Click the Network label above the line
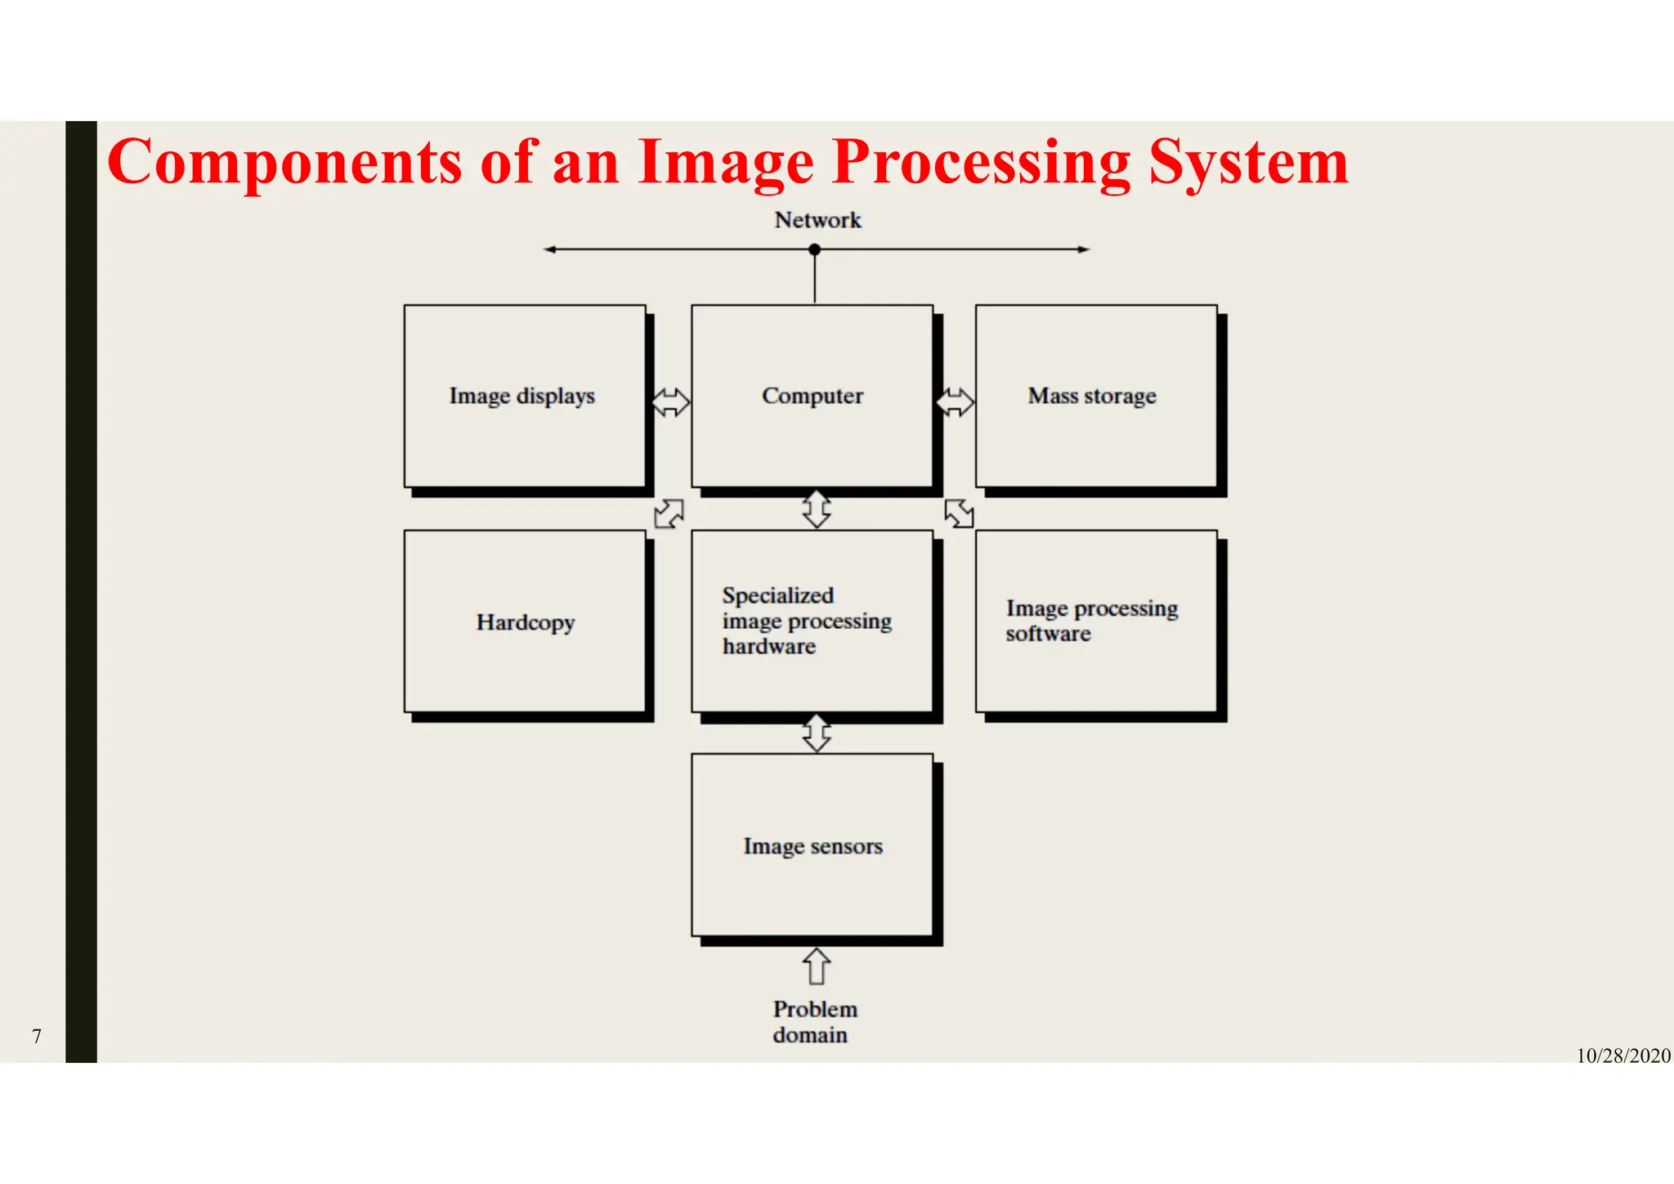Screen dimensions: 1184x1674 pos(817,220)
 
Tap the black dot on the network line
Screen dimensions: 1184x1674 pos(814,249)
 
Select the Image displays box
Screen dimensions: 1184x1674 pos(525,397)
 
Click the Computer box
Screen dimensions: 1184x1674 pos(812,397)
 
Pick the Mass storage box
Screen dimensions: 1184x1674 pos(1095,397)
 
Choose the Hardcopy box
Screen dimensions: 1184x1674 pos(525,621)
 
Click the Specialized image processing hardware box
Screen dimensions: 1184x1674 pos(812,621)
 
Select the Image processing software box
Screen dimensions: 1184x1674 pos(1095,621)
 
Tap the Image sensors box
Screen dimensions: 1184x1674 pos(812,845)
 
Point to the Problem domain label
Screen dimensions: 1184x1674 pos(814,1021)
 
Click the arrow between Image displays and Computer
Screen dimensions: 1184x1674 pos(670,402)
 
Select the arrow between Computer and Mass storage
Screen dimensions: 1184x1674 pos(955,402)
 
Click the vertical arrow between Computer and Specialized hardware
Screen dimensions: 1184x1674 pos(817,509)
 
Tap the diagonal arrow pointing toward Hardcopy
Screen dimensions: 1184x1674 pos(669,514)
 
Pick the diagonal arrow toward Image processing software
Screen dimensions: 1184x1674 pos(959,514)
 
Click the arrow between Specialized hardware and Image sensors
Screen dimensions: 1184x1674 pos(817,733)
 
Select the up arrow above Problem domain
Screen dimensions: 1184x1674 pos(817,966)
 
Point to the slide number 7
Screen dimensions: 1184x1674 pos(37,1036)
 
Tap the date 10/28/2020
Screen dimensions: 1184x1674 pos(1623,1056)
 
